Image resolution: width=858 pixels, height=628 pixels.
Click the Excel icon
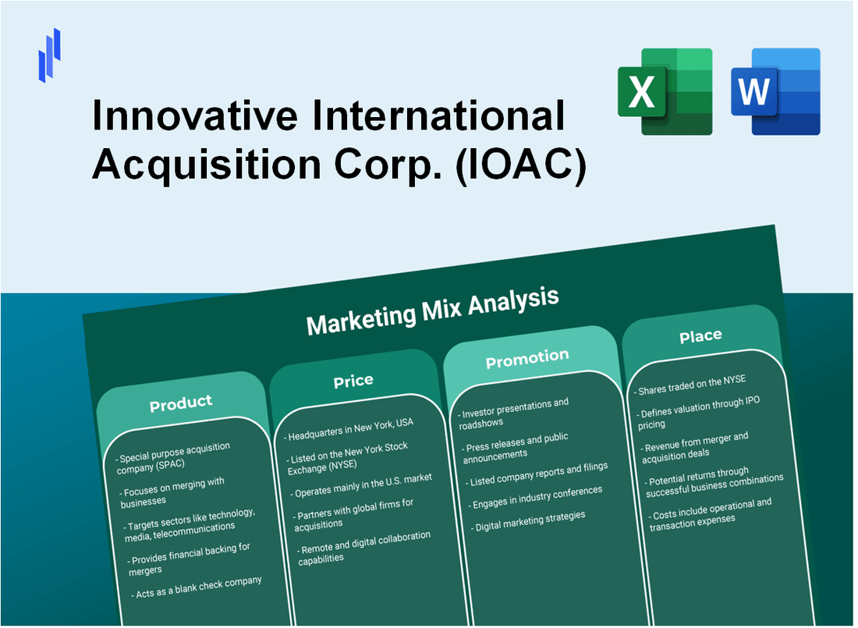coord(665,91)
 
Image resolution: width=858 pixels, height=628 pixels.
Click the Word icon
coord(775,91)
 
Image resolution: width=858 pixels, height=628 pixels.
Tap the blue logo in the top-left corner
coord(49,55)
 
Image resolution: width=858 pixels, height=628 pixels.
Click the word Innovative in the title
coord(195,115)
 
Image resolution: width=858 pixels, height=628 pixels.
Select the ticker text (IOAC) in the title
coord(521,165)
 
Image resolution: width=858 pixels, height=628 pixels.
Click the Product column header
coord(181,404)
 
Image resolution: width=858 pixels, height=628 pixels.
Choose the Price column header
coord(353,381)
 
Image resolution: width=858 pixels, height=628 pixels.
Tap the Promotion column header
coord(527,359)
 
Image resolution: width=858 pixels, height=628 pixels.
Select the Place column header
coord(700,335)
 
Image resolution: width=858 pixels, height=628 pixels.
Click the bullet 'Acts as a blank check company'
coord(197,587)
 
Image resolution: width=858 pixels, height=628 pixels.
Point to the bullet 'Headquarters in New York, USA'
coord(349,429)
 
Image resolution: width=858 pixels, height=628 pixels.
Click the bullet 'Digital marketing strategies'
coord(528,521)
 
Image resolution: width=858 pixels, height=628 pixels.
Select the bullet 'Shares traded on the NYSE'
coord(690,385)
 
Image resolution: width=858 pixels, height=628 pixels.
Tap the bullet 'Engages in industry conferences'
coord(535,497)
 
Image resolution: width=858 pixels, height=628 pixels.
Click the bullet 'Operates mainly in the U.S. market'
coord(361,485)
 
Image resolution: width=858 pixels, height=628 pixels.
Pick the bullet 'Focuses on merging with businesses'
coord(172,492)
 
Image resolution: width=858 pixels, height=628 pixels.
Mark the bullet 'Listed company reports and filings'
coord(537,474)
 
